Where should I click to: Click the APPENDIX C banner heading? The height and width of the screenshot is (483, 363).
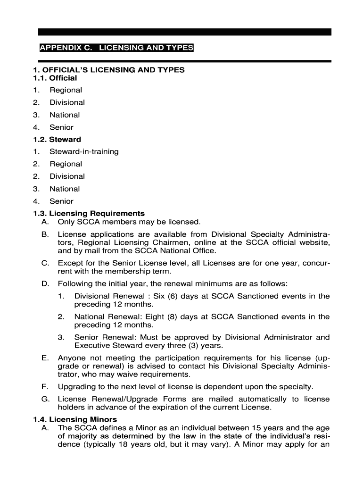tap(116, 48)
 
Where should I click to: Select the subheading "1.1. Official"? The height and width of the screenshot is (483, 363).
tap(55, 78)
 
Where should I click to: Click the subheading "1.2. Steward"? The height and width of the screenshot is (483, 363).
tap(57, 139)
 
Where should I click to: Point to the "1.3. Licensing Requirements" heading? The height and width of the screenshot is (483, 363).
tap(89, 214)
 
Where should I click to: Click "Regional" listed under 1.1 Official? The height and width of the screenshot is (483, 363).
tap(66, 90)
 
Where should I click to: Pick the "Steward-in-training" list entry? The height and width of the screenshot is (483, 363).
tap(84, 151)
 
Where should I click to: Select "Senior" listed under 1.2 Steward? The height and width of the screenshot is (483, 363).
tap(61, 201)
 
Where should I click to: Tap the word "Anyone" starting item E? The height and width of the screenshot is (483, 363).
tap(71, 358)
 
